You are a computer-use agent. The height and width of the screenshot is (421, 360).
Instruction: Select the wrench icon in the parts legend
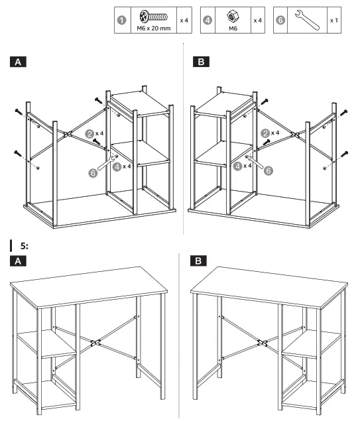click(x=306, y=20)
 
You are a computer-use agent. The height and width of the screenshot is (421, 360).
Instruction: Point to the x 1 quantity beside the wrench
click(x=334, y=20)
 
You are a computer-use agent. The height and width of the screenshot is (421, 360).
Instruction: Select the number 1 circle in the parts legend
click(x=121, y=20)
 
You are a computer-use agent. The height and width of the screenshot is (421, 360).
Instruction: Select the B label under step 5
click(x=198, y=261)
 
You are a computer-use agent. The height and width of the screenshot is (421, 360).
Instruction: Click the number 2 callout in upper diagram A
click(x=89, y=133)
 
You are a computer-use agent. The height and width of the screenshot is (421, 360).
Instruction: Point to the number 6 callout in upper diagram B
click(x=269, y=170)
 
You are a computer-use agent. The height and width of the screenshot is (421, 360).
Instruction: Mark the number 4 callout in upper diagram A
click(x=116, y=167)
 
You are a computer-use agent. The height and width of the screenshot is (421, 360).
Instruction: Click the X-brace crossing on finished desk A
click(x=95, y=344)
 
